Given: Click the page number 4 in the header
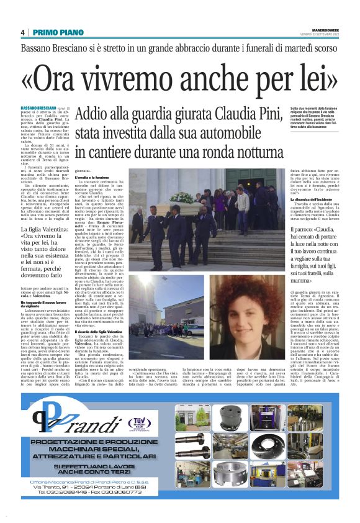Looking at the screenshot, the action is click(22, 32).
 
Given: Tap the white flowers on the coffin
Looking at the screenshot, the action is click(181, 197).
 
